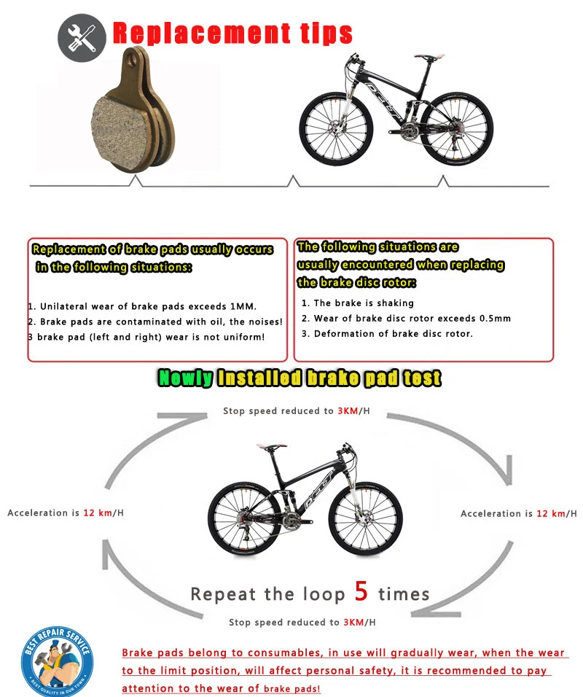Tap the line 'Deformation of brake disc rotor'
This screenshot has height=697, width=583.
click(x=392, y=334)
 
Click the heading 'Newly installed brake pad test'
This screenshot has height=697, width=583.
click(x=300, y=378)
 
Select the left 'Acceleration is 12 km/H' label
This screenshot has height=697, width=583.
click(x=66, y=513)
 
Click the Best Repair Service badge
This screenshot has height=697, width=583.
click(x=56, y=659)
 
